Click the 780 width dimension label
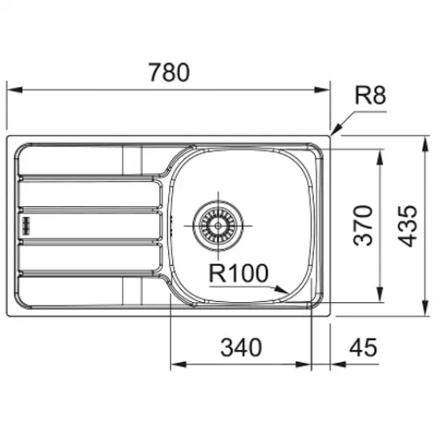coord(170,72)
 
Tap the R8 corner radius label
coord(371,95)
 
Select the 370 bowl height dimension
coord(363,226)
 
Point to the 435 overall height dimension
coord(407,226)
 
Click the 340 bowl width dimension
coord(241,347)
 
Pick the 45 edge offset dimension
coord(363,347)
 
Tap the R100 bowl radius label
coord(239,273)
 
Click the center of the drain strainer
coord(218,226)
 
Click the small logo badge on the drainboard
coord(27,226)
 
